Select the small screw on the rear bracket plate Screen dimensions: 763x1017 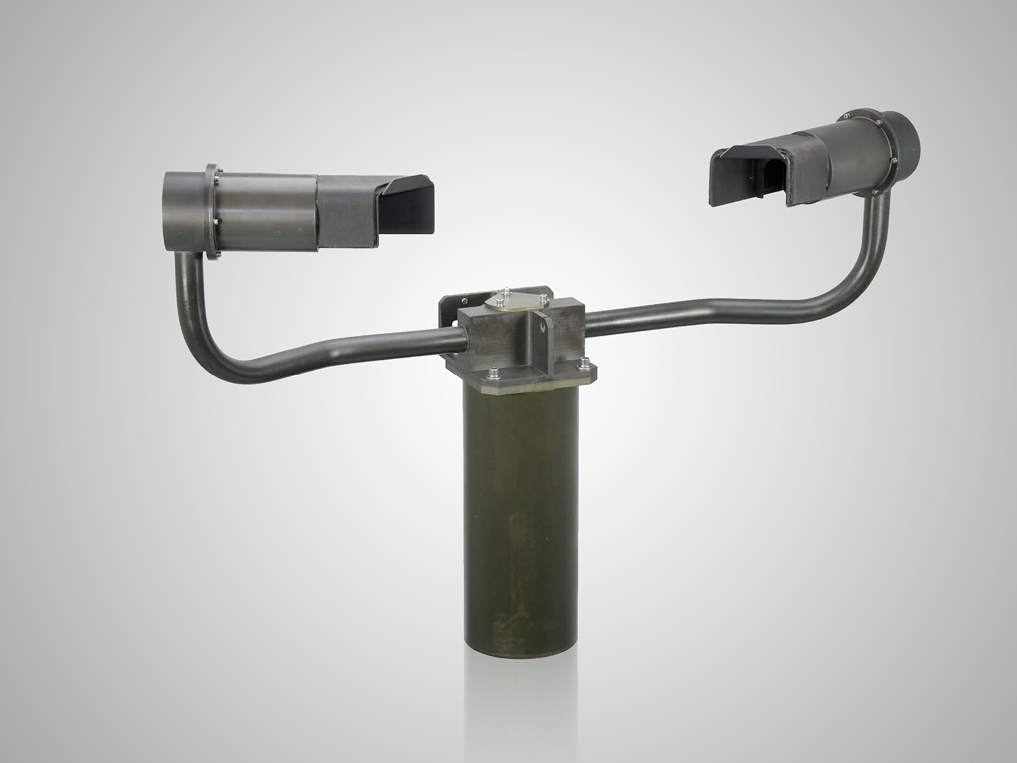465,301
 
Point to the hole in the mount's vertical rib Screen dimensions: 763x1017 542,325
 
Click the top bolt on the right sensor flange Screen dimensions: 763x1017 849,116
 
